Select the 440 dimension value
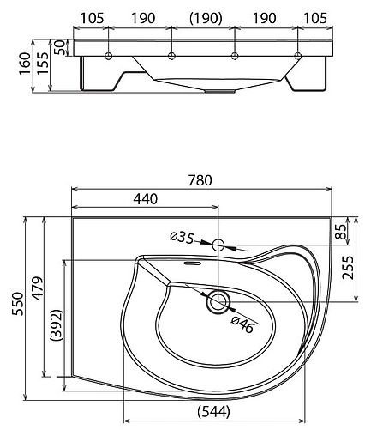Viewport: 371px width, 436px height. coord(145,198)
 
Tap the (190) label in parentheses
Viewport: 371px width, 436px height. coord(204,18)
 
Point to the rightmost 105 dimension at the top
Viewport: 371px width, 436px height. coord(315,18)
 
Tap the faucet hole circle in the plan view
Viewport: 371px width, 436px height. coord(218,245)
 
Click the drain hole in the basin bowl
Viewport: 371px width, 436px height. coord(218,300)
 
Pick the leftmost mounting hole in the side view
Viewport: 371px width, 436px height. coord(109,57)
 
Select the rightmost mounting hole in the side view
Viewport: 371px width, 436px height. coord(297,57)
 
